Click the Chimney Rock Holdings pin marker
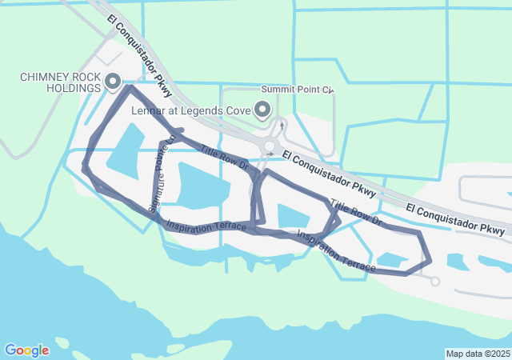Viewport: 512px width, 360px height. tap(112, 82)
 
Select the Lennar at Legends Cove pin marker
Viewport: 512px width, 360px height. tap(262, 110)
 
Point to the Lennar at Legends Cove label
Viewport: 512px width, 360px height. tap(191, 110)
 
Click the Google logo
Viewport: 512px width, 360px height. tap(26, 350)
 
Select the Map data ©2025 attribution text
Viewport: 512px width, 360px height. tap(478, 354)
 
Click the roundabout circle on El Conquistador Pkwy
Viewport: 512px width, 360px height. tap(271, 146)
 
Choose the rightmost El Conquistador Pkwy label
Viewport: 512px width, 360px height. tap(455, 218)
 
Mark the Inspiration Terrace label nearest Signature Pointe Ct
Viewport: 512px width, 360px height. tap(206, 226)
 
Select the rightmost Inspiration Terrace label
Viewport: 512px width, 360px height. tap(336, 250)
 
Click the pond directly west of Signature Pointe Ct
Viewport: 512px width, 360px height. tap(125, 152)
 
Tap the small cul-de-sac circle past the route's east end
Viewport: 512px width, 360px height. tap(435, 281)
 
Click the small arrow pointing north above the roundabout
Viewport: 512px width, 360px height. tap(282, 125)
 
